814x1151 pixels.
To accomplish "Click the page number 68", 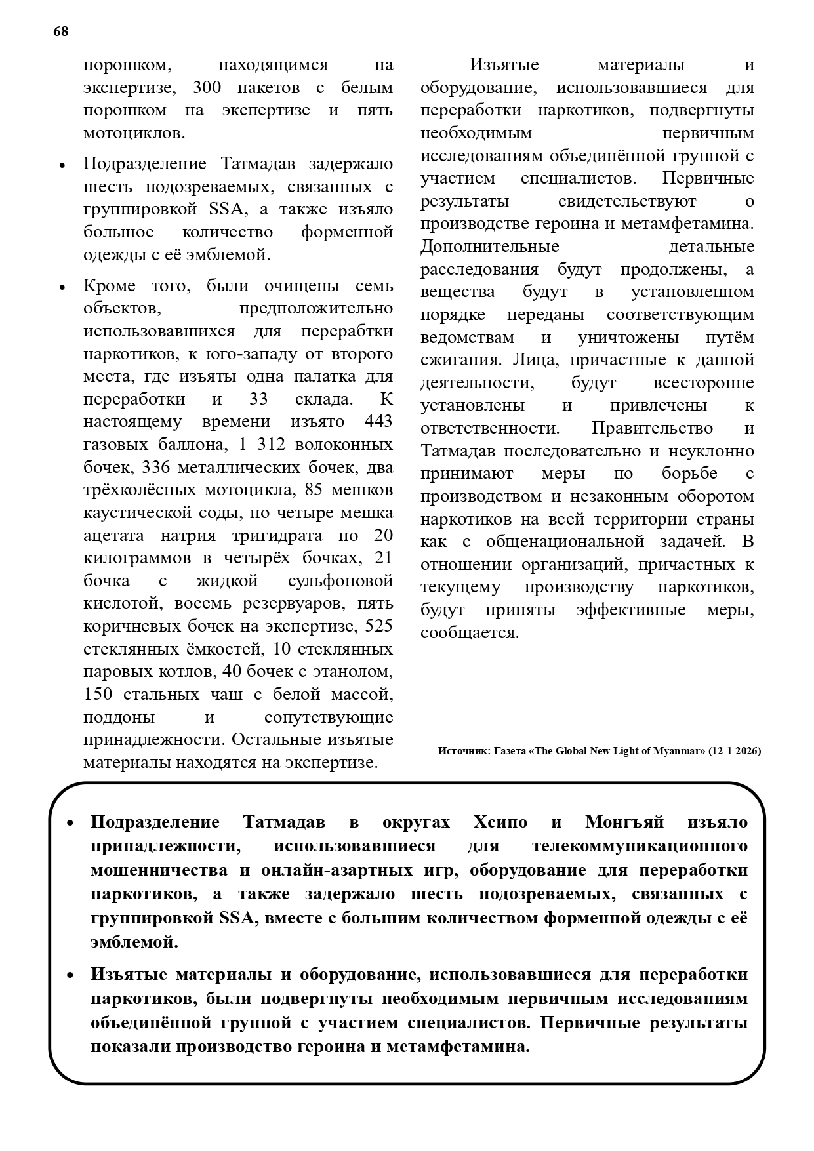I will click(x=60, y=32).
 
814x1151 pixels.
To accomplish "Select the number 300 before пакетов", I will click(x=210, y=88).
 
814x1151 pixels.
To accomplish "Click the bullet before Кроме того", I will click(x=62, y=288).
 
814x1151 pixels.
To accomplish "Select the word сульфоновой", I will click(x=340, y=580).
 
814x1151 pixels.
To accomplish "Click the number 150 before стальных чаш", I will click(x=98, y=694).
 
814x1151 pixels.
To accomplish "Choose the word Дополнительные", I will click(x=490, y=247).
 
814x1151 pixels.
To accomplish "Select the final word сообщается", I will click(x=470, y=633).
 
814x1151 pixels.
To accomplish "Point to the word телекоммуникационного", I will click(x=640, y=846).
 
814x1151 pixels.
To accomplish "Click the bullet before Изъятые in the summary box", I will click(x=71, y=976).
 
